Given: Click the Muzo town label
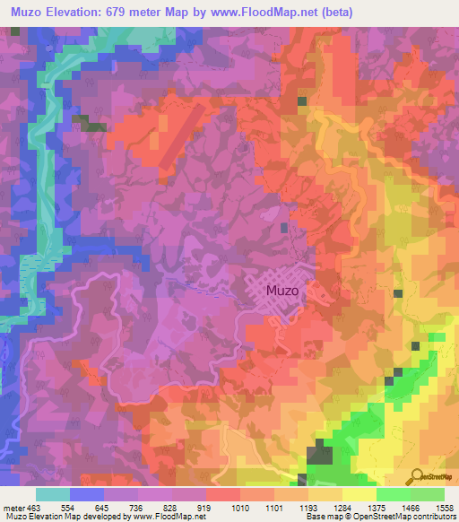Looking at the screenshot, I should [x=282, y=291].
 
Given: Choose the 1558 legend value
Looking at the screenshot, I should [x=444, y=508].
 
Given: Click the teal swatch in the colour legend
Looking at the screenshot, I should [x=53, y=494].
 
